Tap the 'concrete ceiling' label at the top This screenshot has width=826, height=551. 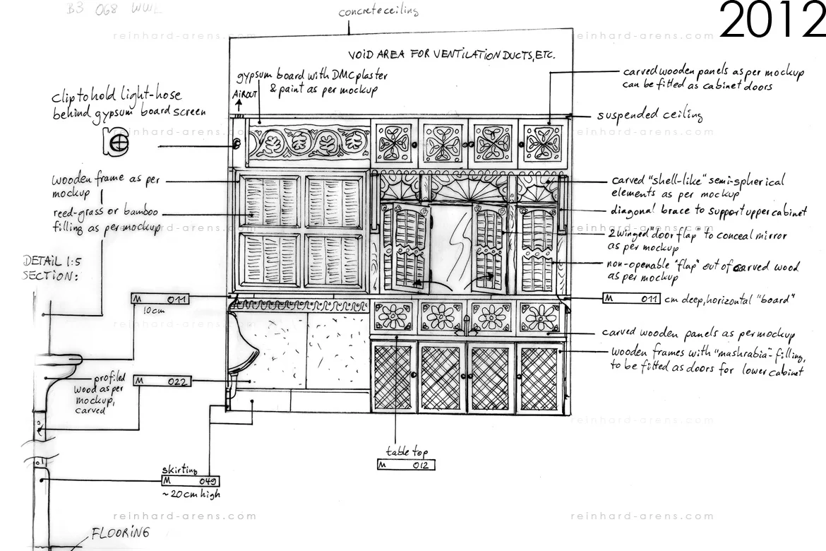[378, 11]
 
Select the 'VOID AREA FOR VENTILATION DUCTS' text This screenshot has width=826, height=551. [451, 54]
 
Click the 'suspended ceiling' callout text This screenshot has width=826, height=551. [650, 115]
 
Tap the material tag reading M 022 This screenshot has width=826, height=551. [162, 381]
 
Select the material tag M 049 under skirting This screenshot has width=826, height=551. [190, 481]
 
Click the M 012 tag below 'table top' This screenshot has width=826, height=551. [405, 465]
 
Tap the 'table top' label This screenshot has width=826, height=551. [407, 451]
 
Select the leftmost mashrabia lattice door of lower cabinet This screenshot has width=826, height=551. [394, 377]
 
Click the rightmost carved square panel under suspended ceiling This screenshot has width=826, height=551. [544, 142]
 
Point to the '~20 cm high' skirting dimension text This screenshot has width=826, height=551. [191, 494]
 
